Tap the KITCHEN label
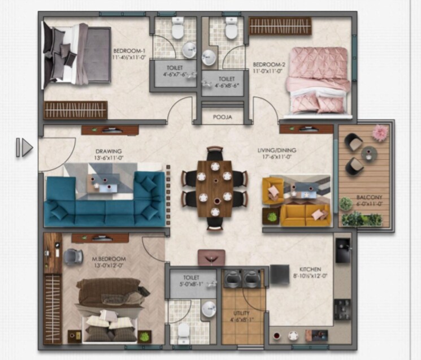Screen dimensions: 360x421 310,269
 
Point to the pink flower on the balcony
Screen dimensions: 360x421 380,132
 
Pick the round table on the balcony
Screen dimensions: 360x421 368,153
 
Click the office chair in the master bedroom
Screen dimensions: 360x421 73,257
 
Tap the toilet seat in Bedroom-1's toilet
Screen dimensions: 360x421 177,29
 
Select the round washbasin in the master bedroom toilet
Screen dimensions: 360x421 209,308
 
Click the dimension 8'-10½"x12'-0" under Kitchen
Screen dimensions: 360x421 310,277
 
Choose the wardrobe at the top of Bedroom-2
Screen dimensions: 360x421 280,25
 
